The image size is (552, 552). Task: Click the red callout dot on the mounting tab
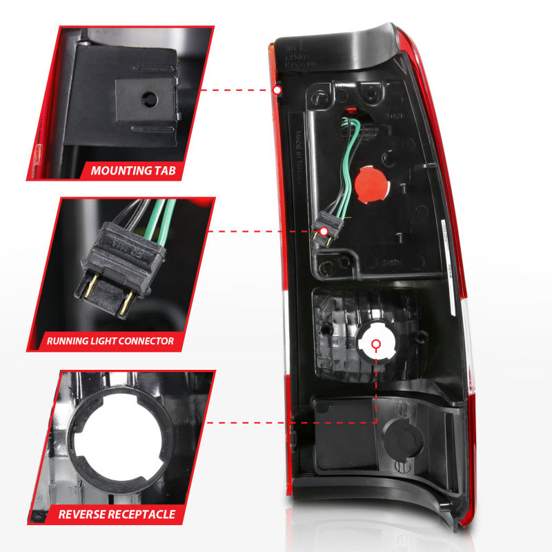pyautogui.click(x=277, y=90)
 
